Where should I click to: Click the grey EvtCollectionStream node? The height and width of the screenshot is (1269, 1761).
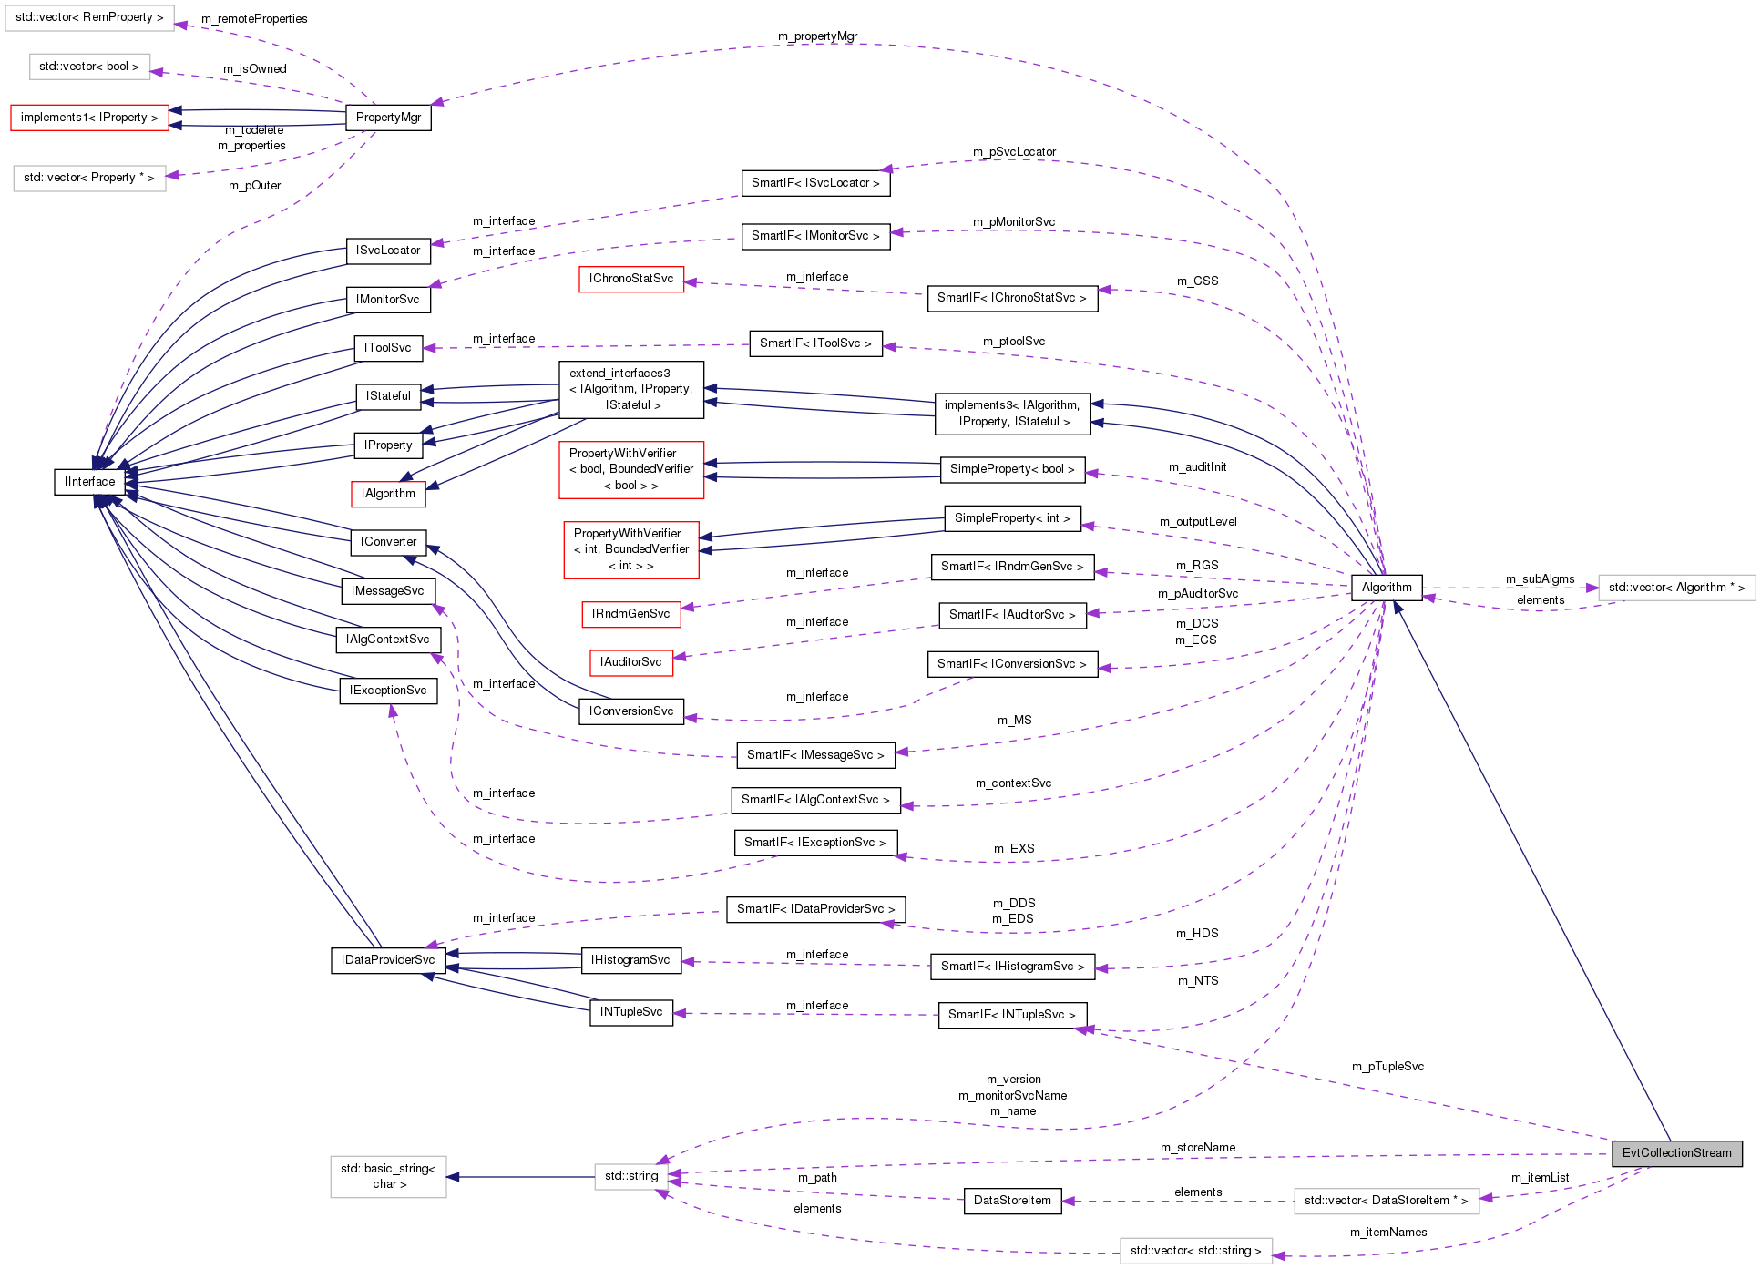(x=1676, y=1152)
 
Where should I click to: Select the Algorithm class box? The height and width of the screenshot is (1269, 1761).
(x=1386, y=588)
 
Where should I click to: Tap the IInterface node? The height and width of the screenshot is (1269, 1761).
(x=89, y=481)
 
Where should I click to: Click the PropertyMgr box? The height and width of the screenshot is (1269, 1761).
(x=388, y=118)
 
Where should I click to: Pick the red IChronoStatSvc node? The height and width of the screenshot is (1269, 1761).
(x=630, y=279)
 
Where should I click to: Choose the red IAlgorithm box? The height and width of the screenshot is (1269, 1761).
(x=388, y=494)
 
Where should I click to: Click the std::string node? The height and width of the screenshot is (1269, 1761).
(x=630, y=1176)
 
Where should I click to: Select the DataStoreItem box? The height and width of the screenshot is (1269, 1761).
(x=1011, y=1201)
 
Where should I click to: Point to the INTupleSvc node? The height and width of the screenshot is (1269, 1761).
(x=630, y=1012)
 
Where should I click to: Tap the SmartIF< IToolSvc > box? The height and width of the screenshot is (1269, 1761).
(x=814, y=343)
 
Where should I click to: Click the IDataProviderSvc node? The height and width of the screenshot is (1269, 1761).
(x=388, y=960)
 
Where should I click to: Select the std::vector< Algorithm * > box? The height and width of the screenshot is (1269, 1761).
(x=1675, y=588)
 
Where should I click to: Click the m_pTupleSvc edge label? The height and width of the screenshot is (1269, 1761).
(x=1387, y=1067)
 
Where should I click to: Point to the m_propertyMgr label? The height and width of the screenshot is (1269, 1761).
(x=817, y=36)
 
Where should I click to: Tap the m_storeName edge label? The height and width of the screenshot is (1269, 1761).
(x=1197, y=1148)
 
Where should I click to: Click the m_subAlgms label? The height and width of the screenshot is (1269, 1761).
(x=1540, y=579)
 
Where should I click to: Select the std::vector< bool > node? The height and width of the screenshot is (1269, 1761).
(x=89, y=67)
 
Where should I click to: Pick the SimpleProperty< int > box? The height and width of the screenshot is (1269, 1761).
(x=1011, y=518)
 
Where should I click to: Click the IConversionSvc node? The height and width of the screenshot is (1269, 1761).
(x=630, y=711)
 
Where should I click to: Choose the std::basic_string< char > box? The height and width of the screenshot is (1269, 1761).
(x=388, y=1176)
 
